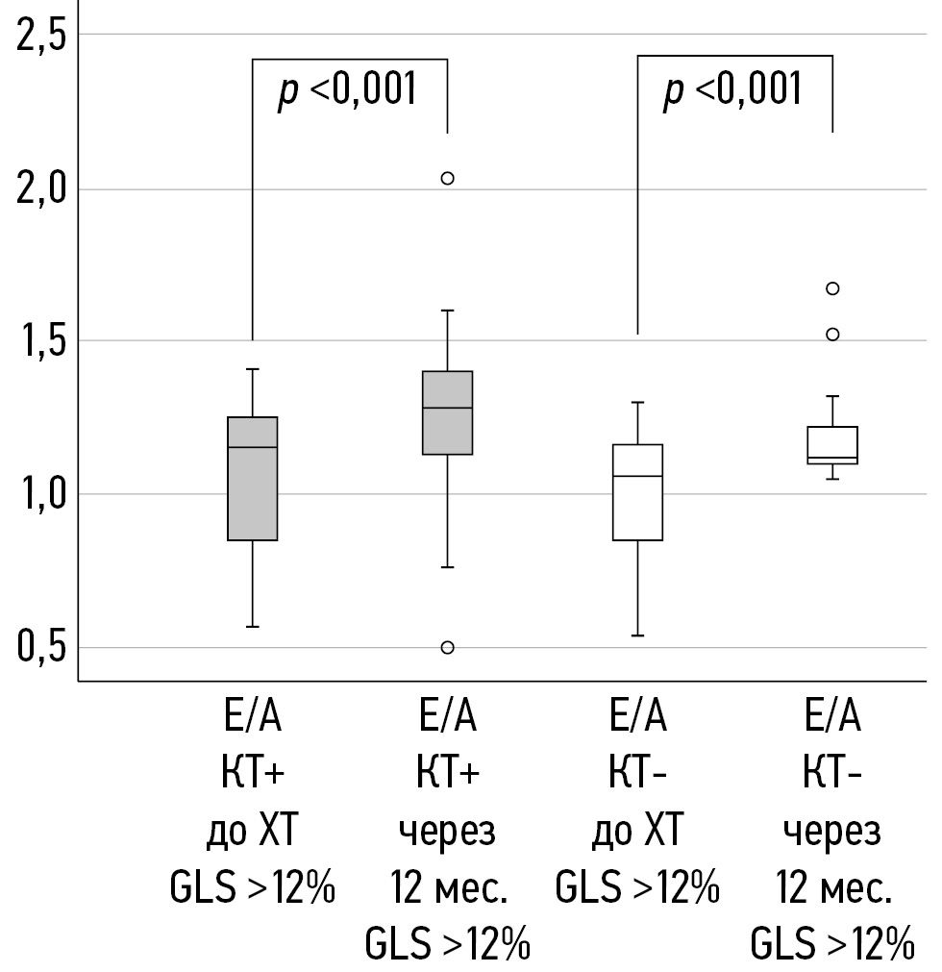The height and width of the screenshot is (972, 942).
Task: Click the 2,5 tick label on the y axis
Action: tap(38, 37)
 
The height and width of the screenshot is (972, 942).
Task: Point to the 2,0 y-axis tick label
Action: tap(38, 189)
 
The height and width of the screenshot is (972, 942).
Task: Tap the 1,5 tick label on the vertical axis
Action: tap(38, 341)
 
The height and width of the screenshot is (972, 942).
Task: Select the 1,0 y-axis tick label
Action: tap(38, 494)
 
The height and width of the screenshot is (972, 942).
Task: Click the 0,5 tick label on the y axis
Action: tap(38, 647)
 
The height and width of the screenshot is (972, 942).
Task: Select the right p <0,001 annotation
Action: tap(732, 91)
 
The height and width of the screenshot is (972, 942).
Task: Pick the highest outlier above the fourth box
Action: tap(832, 288)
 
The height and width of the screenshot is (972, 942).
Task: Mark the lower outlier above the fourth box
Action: tap(832, 335)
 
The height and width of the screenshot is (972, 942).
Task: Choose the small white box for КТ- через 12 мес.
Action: tap(832, 444)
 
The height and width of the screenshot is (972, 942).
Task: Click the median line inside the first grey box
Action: tap(253, 447)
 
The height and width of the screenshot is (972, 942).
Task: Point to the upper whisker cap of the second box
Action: tap(447, 311)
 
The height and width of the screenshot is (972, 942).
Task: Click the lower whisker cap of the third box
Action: tap(638, 636)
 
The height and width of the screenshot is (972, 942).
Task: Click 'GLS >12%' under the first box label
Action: tap(253, 888)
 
